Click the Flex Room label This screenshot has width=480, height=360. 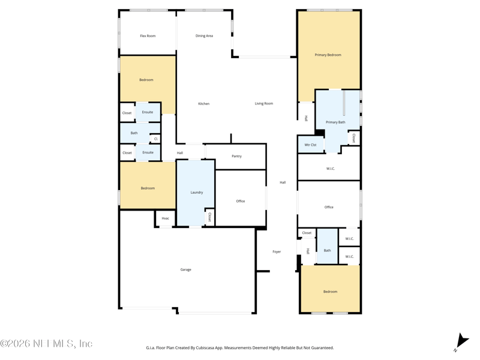click(x=148, y=36)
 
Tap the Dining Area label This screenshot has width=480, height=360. click(x=204, y=36)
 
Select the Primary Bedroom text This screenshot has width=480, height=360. click(x=328, y=55)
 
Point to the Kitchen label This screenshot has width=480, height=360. click(x=204, y=104)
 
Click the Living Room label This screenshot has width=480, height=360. click(x=264, y=103)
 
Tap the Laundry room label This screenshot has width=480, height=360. click(x=197, y=193)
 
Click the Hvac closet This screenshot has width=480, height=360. click(x=166, y=218)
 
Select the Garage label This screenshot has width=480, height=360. click(x=186, y=269)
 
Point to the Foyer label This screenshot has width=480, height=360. click(x=277, y=251)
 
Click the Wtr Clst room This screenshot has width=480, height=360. click(x=311, y=145)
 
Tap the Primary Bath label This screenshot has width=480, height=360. click(x=335, y=122)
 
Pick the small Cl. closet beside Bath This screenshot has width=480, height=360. click(x=155, y=139)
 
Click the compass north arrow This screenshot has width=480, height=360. click(x=461, y=342)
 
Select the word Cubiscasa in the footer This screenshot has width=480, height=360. click(x=204, y=348)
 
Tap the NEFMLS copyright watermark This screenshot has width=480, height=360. click(x=46, y=343)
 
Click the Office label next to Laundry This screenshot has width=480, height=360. click(x=241, y=201)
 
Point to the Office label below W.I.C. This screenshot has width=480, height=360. click(x=329, y=207)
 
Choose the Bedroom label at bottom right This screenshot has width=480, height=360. click(x=331, y=292)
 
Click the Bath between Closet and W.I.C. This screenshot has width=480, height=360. click(x=327, y=250)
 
